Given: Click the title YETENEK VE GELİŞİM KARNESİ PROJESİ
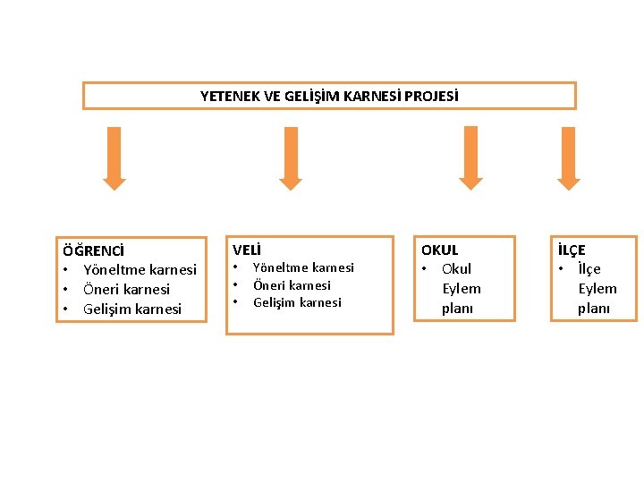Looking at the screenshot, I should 328,96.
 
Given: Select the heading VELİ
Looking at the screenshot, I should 248,250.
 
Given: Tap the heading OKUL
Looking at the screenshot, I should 439,250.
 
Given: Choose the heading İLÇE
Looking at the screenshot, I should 572,250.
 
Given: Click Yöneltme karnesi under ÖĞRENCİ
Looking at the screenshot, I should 140,269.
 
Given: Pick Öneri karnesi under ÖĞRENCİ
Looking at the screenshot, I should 126,289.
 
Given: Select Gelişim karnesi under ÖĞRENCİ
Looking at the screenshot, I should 131,309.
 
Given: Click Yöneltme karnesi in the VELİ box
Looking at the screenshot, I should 303,267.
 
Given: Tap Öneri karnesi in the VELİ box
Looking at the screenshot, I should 292,285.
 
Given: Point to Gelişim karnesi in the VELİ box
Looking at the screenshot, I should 297,302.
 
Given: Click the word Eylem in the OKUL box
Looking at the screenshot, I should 462,288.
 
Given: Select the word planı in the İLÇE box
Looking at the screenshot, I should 594,308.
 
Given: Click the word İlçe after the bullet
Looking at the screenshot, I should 589,268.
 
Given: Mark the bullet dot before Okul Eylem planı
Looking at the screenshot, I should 428,268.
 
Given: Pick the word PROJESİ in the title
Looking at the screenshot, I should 428,96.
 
